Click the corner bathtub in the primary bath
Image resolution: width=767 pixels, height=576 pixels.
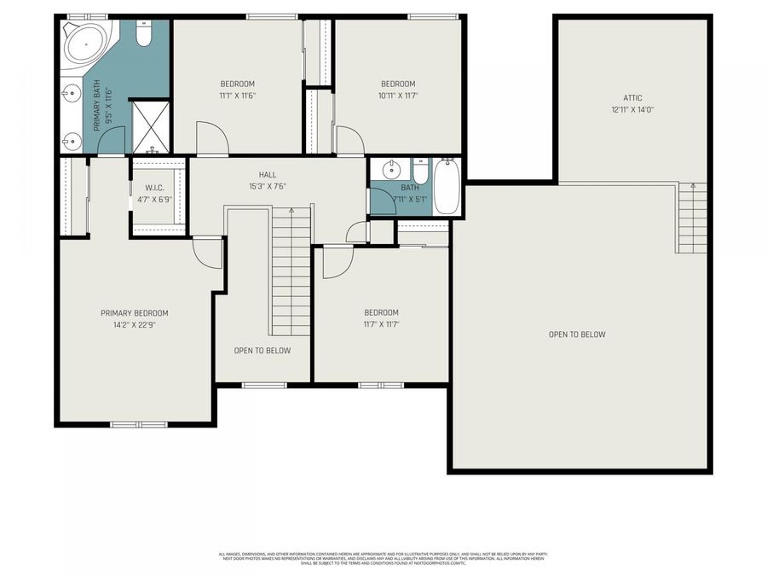(x=85, y=42)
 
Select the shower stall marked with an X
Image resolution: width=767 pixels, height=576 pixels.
(x=150, y=126)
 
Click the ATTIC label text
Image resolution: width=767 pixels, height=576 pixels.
(x=632, y=98)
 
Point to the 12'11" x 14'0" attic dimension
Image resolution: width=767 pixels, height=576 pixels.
(x=632, y=109)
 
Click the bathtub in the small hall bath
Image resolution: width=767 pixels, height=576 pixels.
(x=447, y=187)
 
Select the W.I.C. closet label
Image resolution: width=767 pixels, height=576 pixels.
(x=154, y=188)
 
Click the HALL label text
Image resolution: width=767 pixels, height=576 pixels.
(x=268, y=174)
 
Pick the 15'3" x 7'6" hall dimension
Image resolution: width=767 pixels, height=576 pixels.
(x=268, y=186)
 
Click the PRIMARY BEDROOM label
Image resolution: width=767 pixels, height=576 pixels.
(x=134, y=313)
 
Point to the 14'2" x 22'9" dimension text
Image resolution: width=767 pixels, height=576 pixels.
(x=134, y=324)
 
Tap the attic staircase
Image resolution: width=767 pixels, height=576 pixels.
(x=692, y=219)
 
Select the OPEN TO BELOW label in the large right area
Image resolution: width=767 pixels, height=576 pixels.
(x=577, y=335)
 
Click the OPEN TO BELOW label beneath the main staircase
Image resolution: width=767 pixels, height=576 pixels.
(x=262, y=351)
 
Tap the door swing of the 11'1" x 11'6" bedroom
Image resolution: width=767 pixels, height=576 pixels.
(x=210, y=137)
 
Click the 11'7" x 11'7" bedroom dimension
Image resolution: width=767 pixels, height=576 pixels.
(x=380, y=324)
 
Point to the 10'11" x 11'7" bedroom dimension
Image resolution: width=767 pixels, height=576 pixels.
(x=397, y=96)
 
